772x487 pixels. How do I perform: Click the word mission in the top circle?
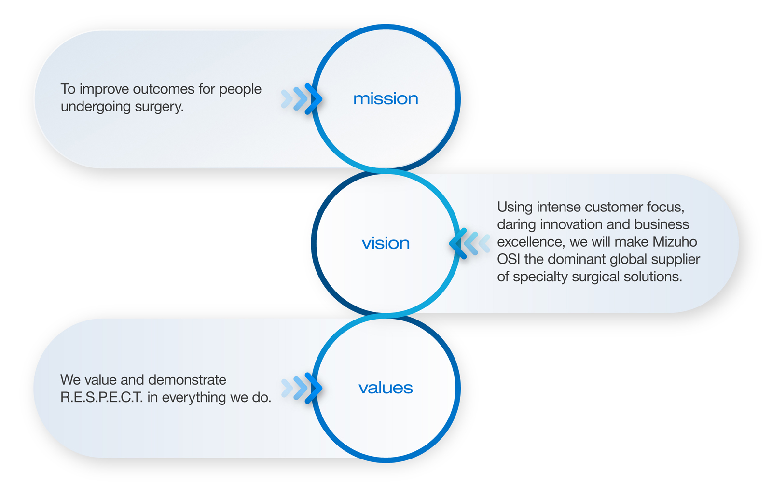386,98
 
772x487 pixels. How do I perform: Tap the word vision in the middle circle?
386,243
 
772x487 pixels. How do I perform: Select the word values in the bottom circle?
386,388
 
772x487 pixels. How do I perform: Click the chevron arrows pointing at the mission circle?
302,98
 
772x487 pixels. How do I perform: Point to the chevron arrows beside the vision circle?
469,243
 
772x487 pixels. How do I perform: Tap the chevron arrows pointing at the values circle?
302,388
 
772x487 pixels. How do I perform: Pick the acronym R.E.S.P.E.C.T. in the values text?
102,397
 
